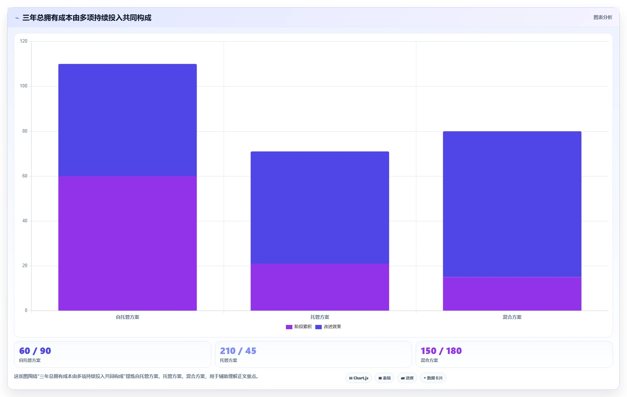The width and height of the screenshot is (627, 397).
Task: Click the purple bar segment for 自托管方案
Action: (x=128, y=243)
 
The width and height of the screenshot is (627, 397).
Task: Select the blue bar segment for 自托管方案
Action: (x=128, y=120)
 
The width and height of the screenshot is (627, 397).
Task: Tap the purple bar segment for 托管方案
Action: (x=320, y=287)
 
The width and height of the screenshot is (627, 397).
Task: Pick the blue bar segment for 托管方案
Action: (x=320, y=207)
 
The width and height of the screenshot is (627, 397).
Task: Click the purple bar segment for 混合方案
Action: (x=512, y=294)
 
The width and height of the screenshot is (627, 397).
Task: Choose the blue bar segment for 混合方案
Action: (x=512, y=204)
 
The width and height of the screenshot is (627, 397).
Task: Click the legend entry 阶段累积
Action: (x=299, y=327)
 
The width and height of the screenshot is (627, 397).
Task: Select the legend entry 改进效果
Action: (x=328, y=327)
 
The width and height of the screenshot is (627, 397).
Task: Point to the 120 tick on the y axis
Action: (x=24, y=41)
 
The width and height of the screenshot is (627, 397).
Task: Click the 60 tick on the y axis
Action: (x=25, y=176)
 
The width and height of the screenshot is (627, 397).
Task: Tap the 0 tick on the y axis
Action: (x=26, y=311)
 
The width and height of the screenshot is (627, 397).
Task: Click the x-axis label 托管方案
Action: (x=320, y=317)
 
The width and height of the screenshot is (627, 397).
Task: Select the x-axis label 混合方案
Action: (x=512, y=317)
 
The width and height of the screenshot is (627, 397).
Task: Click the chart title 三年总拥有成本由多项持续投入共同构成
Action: (x=87, y=18)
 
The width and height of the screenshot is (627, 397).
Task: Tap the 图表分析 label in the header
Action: (x=603, y=17)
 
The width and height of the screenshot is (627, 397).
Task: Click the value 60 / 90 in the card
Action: (x=35, y=351)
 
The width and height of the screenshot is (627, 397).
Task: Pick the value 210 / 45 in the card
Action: (x=238, y=351)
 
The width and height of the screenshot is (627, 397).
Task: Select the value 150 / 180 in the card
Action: (x=441, y=351)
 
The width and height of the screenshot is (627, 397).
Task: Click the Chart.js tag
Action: (x=359, y=378)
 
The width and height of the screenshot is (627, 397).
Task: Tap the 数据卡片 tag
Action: (x=433, y=378)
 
